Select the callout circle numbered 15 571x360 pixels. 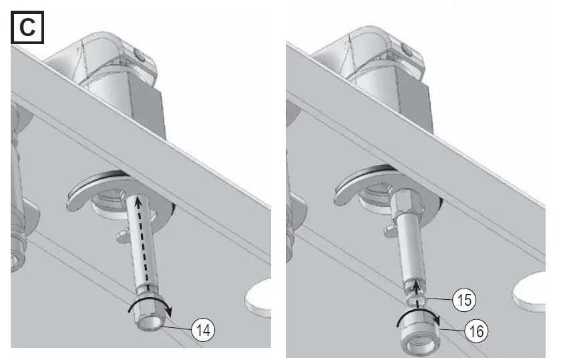coord(464,300)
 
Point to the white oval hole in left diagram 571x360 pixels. coord(259,297)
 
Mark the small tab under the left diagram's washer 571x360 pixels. coord(120,236)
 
